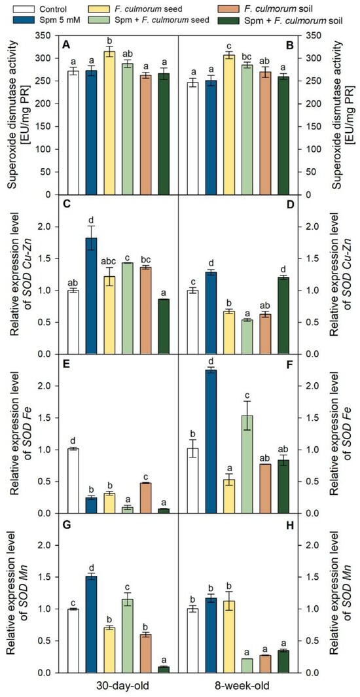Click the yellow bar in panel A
[109, 123]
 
